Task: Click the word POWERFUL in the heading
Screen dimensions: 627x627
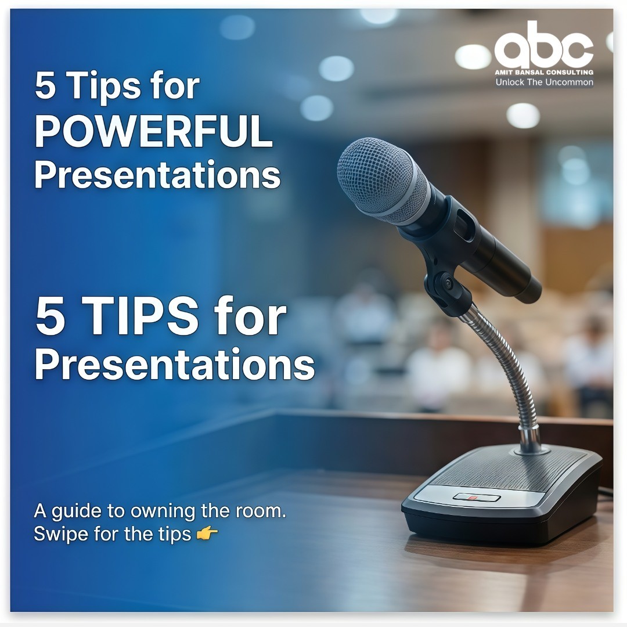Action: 154,132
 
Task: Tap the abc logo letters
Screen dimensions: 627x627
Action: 544,45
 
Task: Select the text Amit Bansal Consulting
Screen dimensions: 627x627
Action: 544,73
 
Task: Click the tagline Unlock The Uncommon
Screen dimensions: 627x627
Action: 544,82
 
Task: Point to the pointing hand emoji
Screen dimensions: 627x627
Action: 207,533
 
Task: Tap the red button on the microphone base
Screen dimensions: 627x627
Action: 473,498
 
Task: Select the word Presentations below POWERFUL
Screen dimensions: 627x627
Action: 157,175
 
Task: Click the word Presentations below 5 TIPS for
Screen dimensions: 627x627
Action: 175,365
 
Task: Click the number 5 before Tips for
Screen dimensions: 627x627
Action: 45,86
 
